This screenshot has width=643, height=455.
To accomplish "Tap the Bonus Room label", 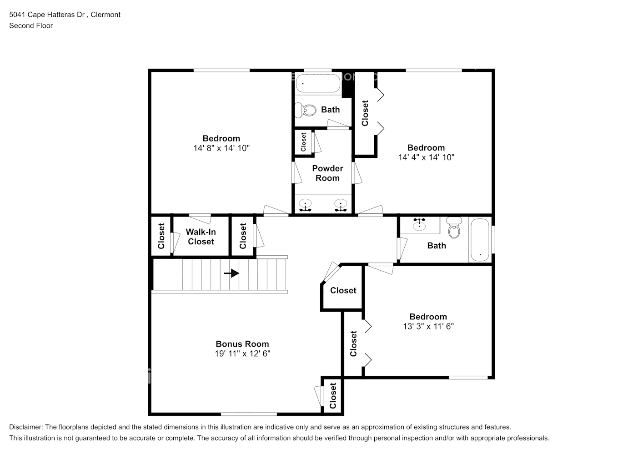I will (x=242, y=344).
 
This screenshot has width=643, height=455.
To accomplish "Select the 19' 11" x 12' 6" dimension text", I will (x=242, y=354).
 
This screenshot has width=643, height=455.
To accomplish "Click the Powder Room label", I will (x=327, y=173).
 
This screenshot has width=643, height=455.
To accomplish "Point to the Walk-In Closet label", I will (x=201, y=237).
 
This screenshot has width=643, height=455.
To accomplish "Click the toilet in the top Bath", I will (x=306, y=110).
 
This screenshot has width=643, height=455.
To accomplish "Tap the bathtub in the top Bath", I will (x=318, y=84).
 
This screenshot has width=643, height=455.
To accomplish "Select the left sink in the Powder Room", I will (x=305, y=204).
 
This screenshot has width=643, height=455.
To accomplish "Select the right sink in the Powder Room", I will (x=341, y=204).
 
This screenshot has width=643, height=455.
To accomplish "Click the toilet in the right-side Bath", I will (x=454, y=229).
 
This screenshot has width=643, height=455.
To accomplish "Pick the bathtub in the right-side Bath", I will (x=480, y=240).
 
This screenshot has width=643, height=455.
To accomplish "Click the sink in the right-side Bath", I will (x=419, y=224).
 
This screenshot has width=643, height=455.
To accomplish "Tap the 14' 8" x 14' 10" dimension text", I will (x=221, y=148).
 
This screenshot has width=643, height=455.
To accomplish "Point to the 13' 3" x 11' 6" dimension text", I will (x=428, y=326).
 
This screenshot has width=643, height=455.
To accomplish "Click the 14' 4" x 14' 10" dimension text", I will (x=426, y=157).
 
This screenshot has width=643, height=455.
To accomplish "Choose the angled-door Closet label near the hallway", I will (x=343, y=290).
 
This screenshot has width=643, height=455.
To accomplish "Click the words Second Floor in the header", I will (x=31, y=25).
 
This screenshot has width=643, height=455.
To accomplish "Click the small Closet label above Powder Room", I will (x=303, y=142).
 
